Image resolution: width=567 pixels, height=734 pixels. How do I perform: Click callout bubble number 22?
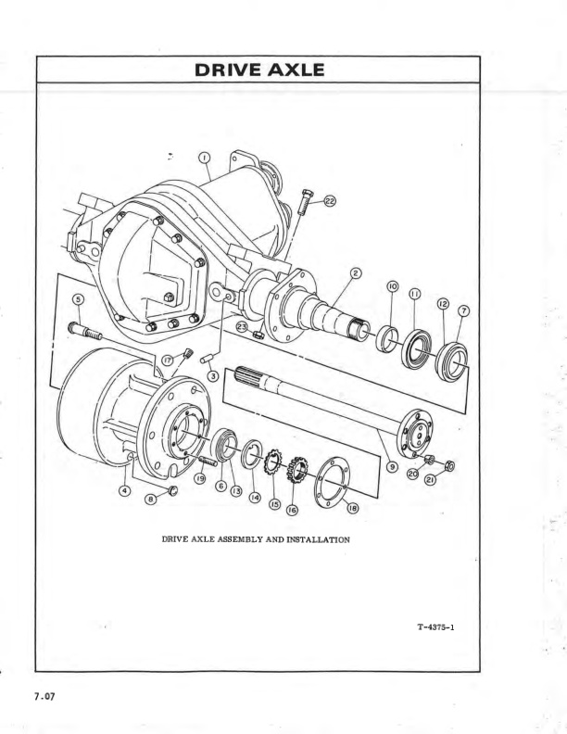[331, 200]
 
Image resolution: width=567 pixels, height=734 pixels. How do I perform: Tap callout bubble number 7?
[463, 310]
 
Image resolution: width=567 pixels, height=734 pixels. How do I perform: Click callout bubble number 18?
[352, 507]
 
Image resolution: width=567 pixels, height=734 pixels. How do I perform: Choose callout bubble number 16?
[293, 510]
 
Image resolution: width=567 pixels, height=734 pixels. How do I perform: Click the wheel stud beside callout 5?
[85, 330]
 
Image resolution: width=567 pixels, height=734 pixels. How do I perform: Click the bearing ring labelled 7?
[452, 361]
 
